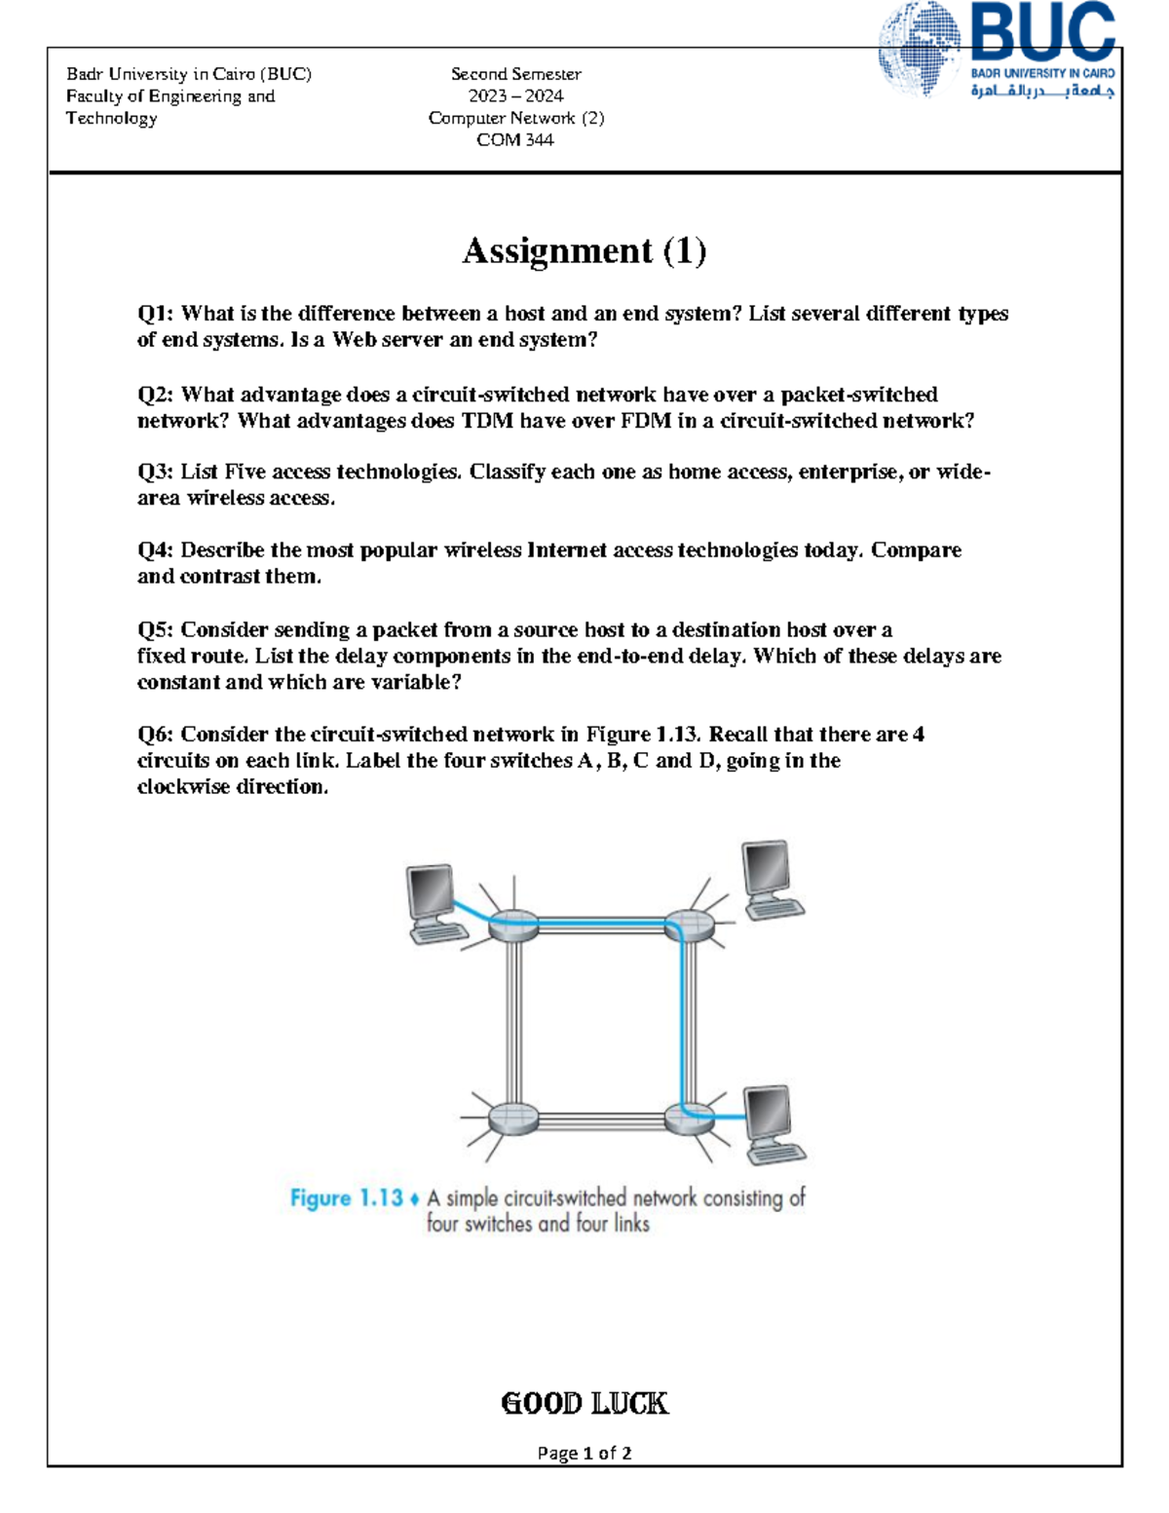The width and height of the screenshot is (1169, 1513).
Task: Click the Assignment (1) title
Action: (584, 250)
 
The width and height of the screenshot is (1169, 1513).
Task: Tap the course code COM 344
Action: (514, 139)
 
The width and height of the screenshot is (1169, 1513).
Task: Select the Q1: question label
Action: (156, 314)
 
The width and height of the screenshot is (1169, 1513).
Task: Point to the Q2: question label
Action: (156, 395)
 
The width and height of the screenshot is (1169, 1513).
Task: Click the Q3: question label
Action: (156, 472)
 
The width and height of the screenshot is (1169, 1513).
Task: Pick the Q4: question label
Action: (156, 550)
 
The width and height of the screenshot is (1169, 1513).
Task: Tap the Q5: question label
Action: (156, 629)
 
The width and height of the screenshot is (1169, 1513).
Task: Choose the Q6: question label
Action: (156, 735)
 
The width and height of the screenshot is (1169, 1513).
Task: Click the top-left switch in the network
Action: (512, 925)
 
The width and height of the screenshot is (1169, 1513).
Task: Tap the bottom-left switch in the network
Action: (512, 1116)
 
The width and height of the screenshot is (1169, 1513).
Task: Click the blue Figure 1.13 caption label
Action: (346, 1198)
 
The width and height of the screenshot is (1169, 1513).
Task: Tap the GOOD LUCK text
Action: (584, 1403)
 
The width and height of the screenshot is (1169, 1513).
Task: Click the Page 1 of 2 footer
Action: (584, 1453)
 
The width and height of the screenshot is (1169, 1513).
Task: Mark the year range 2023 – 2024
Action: (515, 95)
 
